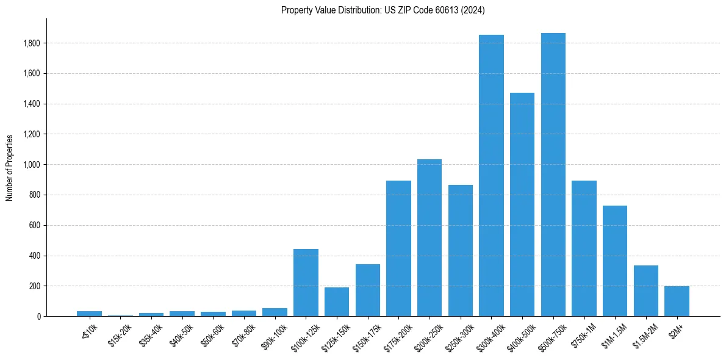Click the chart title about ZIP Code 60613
pos(383,10)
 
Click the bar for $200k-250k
pos(429,238)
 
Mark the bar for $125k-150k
pos(337,301)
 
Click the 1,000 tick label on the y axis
pos(32,165)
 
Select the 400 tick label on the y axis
pos(35,256)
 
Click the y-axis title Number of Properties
pos(10,167)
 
